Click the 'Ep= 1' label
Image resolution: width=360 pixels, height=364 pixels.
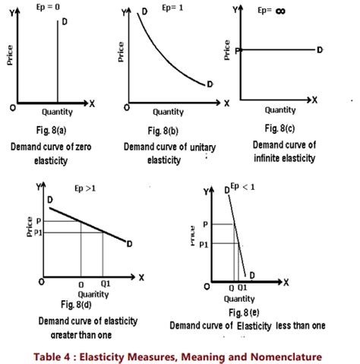point(164,13)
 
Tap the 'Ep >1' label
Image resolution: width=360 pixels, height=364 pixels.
point(86,187)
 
